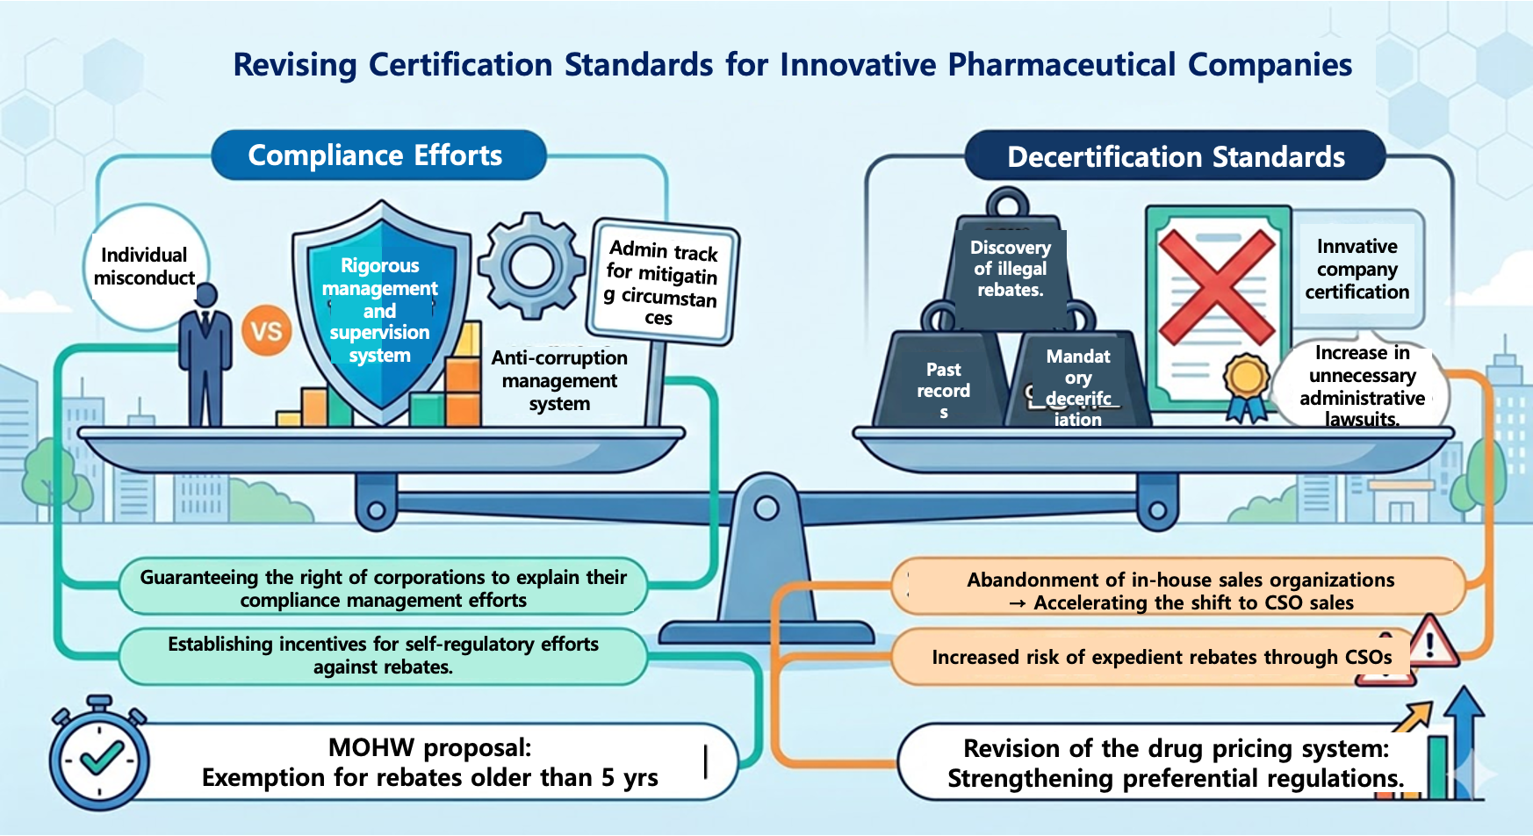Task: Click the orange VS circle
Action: [266, 331]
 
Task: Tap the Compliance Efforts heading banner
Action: [376, 155]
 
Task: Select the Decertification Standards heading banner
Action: [1176, 157]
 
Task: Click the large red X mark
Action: [1217, 287]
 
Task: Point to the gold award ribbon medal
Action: [1247, 379]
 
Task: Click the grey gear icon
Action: [531, 265]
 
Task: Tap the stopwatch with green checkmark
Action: [99, 757]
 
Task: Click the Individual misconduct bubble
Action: [145, 266]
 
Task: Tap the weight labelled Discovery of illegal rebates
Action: [1010, 263]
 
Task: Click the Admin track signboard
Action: [663, 281]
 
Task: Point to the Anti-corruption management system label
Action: [559, 380]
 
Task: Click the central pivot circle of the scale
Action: [766, 508]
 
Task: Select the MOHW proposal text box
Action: [430, 762]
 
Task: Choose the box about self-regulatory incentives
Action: [384, 656]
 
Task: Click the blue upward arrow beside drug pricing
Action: [1464, 738]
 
